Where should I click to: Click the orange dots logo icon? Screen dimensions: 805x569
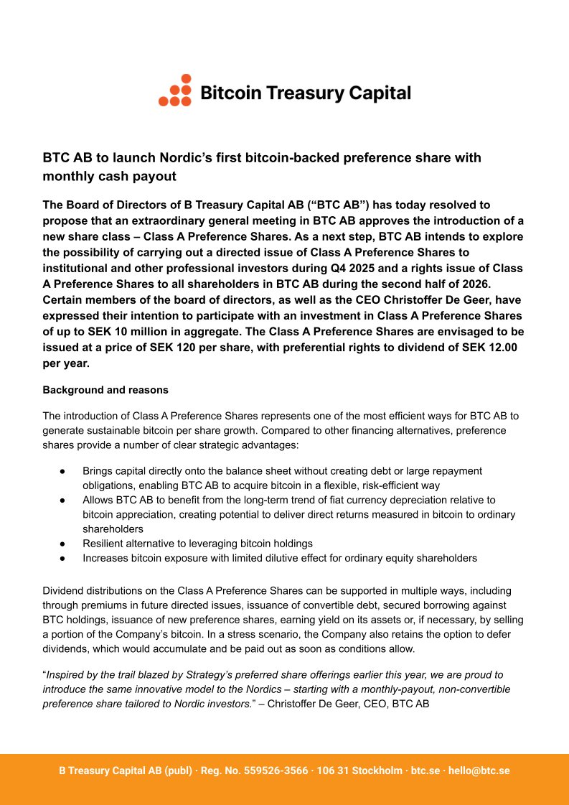(x=175, y=91)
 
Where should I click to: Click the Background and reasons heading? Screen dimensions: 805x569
(x=105, y=390)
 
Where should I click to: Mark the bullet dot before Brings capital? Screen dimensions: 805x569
(x=63, y=471)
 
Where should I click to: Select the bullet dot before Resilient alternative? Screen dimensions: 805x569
(x=63, y=544)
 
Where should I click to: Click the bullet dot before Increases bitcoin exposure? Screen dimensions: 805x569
(x=63, y=558)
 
